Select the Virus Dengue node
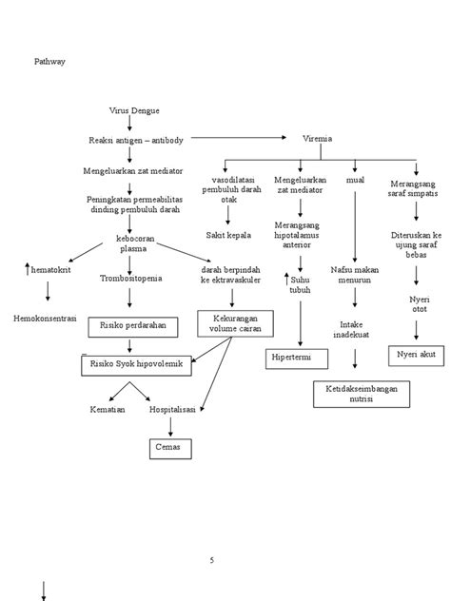click(130, 111)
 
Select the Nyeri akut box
click(415, 355)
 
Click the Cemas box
click(167, 446)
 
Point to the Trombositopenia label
click(131, 279)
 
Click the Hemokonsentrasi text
click(45, 317)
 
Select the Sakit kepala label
click(228, 234)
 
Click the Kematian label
click(108, 409)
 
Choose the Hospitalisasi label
click(171, 409)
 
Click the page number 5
click(211, 561)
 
